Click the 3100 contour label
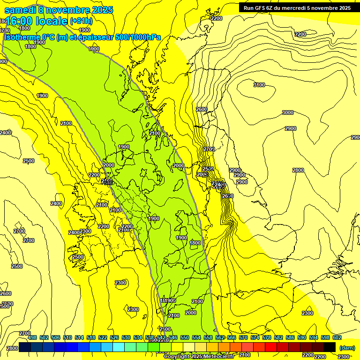259,85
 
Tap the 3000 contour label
287,112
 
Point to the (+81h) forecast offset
81,21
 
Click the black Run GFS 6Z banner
295,7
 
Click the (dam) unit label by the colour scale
346,348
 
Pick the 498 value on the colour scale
32,337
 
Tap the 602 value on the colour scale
337,337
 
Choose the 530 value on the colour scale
126,337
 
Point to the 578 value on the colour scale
266,337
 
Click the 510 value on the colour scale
67,337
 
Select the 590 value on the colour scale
301,337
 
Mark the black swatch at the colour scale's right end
330,347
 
